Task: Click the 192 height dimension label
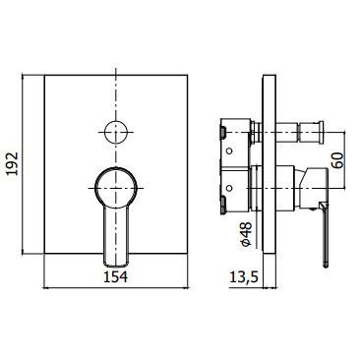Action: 13,163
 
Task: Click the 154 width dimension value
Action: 116,277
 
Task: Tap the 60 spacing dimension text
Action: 337,160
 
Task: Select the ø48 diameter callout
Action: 246,234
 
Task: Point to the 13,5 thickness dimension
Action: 244,277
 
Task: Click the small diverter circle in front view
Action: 116,132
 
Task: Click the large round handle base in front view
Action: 116,188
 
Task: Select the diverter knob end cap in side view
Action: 321,132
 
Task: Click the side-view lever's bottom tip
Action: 326,266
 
